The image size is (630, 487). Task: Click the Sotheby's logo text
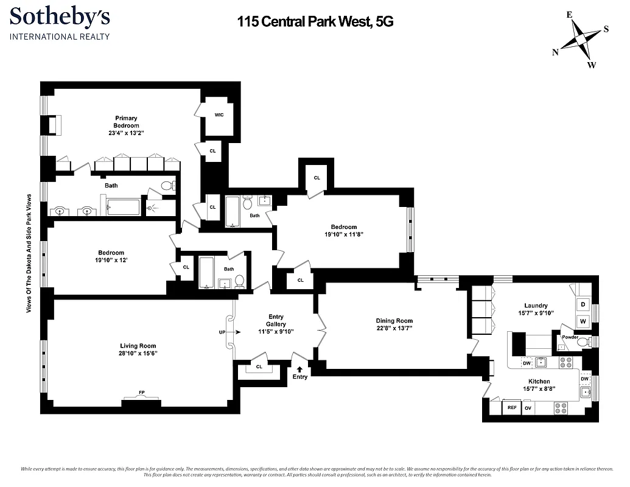click(x=60, y=16)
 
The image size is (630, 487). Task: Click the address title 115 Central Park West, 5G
click(x=315, y=22)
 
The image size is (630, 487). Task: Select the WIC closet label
click(x=219, y=114)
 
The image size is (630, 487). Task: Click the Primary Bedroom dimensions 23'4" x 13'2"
click(x=127, y=133)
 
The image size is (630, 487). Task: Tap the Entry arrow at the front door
click(x=299, y=369)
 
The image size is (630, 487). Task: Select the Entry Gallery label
click(x=276, y=320)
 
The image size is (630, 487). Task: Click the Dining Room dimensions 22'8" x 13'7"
click(x=394, y=329)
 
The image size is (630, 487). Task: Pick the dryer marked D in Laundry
click(x=583, y=304)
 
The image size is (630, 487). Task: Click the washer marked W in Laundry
click(x=583, y=321)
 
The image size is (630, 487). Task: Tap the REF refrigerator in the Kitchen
click(x=511, y=408)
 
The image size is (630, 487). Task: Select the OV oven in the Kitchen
click(x=528, y=408)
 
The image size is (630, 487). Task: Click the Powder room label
click(x=570, y=337)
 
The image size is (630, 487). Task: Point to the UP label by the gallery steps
click(x=222, y=332)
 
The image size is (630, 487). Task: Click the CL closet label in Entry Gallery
click(x=259, y=367)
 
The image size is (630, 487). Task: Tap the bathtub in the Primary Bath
click(x=124, y=208)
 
